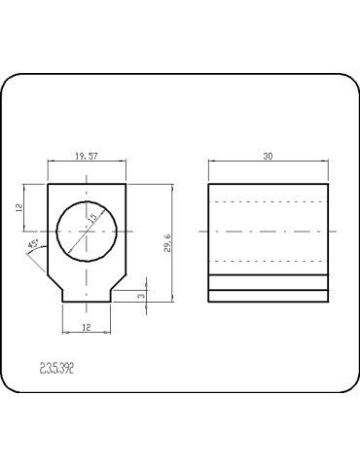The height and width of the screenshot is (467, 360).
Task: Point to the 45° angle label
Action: [34, 244]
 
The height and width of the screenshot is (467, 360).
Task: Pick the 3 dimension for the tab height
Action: [141, 295]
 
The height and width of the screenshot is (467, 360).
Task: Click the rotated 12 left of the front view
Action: [18, 208]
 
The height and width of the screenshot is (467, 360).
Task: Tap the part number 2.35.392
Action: [57, 369]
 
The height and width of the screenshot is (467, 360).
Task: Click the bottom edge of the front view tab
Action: [88, 303]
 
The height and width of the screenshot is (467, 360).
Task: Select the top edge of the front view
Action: [88, 183]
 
